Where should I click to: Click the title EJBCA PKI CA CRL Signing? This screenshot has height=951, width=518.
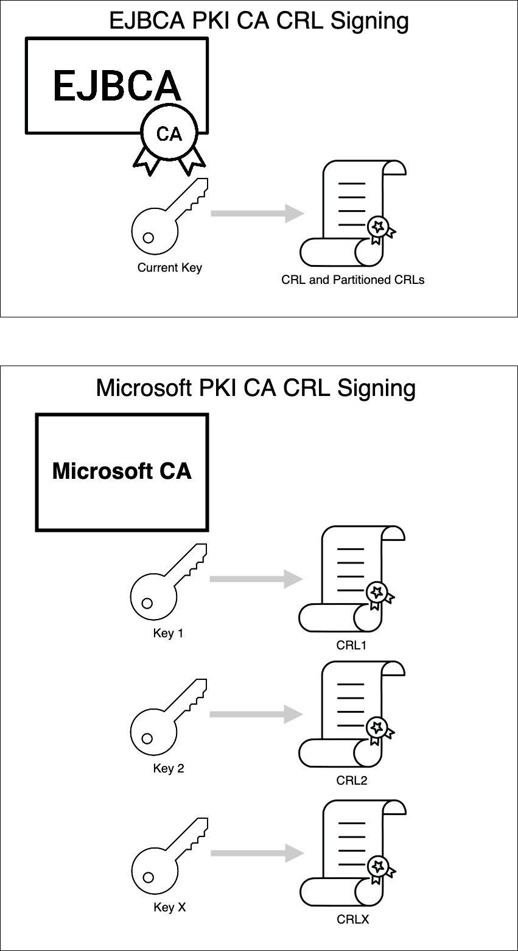[259, 21]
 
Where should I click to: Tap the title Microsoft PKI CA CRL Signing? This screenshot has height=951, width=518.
[256, 387]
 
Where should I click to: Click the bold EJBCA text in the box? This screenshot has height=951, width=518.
[117, 85]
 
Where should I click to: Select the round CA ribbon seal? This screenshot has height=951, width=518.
[169, 133]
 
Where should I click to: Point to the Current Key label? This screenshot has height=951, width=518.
[169, 267]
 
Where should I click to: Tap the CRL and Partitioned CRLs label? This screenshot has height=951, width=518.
[352, 280]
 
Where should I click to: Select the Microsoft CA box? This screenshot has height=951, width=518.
[122, 472]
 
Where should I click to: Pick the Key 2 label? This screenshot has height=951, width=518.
[168, 768]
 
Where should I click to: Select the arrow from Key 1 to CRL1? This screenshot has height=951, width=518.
[256, 579]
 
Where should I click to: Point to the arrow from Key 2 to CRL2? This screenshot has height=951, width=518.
[256, 714]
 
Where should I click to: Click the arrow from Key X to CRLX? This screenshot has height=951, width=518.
[256, 853]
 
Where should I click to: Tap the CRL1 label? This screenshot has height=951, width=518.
[352, 645]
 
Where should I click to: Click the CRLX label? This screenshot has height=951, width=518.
[353, 919]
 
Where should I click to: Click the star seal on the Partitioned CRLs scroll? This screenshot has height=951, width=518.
[379, 227]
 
